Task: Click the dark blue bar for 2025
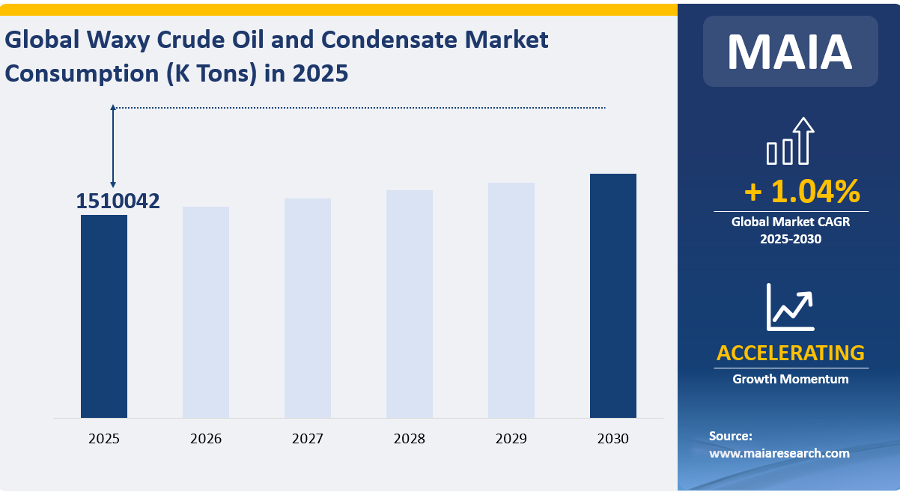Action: point(104,316)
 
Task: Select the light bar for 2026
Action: point(206,312)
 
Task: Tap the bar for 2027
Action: point(308,308)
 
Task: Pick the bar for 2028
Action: point(410,304)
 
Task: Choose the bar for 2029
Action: point(511,300)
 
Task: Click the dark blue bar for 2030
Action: point(613,296)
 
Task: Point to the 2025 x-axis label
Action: point(104,439)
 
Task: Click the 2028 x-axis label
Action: point(410,439)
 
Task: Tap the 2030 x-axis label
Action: point(613,439)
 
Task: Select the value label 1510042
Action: point(118,201)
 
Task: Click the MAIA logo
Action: point(790,51)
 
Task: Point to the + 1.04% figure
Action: point(801,192)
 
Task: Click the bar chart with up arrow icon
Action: point(790,141)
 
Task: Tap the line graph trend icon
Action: point(790,307)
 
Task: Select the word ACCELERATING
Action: point(790,353)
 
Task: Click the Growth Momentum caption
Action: point(790,379)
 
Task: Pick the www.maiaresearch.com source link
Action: point(779,453)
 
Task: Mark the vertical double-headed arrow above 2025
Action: point(113,146)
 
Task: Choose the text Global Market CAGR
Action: point(790,222)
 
